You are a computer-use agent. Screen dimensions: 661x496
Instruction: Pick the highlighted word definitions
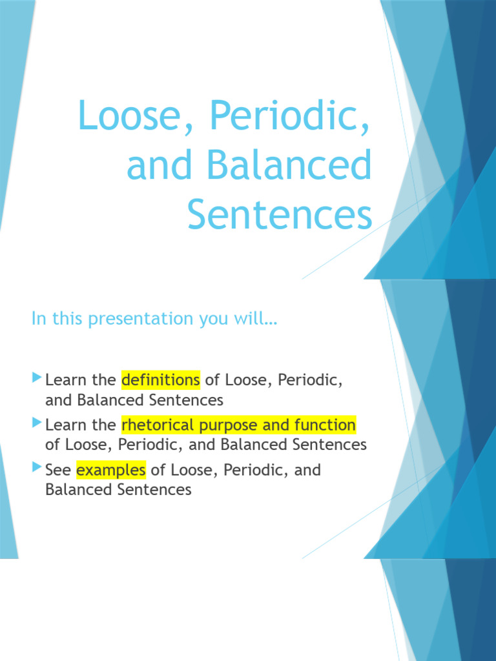pyautogui.click(x=160, y=380)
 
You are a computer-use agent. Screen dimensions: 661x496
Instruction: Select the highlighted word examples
pyautogui.click(x=110, y=470)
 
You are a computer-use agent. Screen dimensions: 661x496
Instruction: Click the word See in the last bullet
pyautogui.click(x=58, y=470)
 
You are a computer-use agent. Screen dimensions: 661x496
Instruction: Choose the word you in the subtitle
pyautogui.click(x=218, y=319)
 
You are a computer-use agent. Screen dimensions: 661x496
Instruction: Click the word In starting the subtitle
pyautogui.click(x=38, y=318)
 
